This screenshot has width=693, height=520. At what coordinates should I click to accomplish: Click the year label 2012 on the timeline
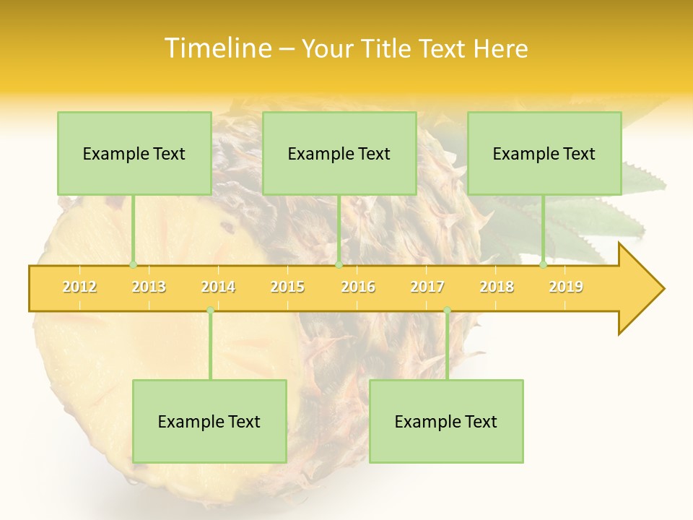tap(79, 287)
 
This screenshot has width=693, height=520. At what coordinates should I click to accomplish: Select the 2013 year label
tap(149, 287)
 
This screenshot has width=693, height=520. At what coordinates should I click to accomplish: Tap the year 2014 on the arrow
tap(218, 287)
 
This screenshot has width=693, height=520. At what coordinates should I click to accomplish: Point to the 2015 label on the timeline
tap(287, 287)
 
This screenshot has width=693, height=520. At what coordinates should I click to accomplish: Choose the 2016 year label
tap(358, 287)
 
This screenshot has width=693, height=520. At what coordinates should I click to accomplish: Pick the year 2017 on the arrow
tap(427, 287)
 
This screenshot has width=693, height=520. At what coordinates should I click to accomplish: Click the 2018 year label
tap(497, 287)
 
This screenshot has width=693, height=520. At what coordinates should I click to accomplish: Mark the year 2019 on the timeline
tap(566, 287)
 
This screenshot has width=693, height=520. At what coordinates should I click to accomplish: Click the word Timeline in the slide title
tap(217, 48)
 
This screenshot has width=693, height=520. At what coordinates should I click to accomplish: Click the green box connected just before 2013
tap(134, 153)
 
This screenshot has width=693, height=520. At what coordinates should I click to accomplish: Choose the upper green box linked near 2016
tap(339, 153)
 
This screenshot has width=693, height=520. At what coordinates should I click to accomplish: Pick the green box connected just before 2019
tap(544, 153)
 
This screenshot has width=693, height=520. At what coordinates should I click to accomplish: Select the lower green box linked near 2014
tap(209, 421)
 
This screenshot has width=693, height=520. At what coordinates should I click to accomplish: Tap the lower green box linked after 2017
tap(446, 421)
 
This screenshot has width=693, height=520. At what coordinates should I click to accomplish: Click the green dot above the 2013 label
tap(133, 264)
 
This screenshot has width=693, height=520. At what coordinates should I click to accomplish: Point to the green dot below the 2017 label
tap(447, 311)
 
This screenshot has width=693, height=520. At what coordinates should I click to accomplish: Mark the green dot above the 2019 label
tap(544, 264)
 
